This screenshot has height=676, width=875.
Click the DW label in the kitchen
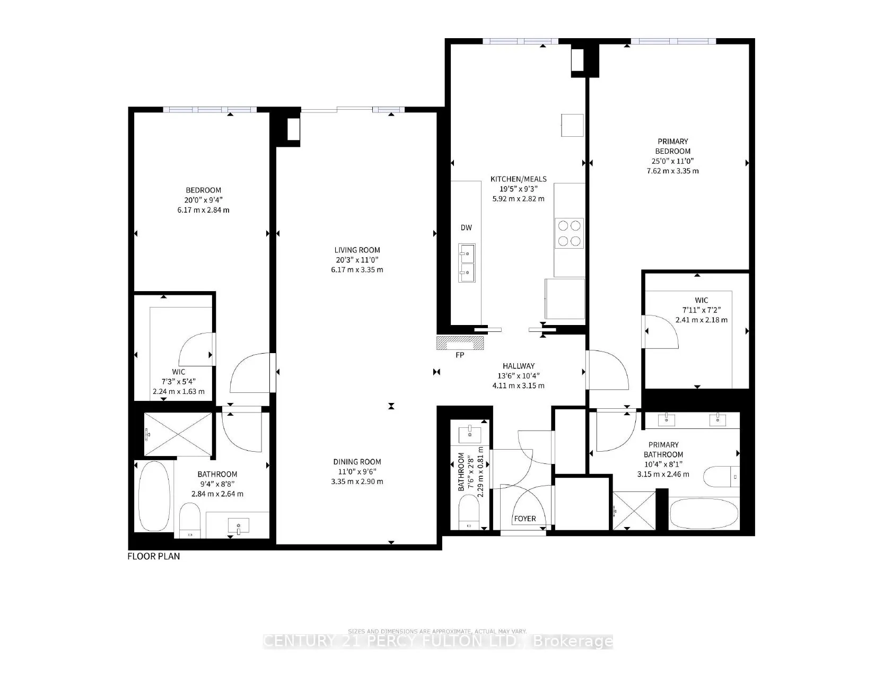point(466,228)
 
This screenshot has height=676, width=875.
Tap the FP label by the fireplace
point(460,355)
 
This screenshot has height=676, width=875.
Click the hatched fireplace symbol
point(460,344)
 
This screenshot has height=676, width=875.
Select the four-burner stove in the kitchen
point(569,233)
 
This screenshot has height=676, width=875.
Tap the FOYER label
point(524,519)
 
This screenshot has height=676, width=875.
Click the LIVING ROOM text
point(357,250)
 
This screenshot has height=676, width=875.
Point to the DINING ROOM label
point(357,462)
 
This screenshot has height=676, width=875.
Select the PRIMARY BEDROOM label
point(672,146)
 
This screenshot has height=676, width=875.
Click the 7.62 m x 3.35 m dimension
point(672,171)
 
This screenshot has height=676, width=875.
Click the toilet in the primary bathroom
point(722,476)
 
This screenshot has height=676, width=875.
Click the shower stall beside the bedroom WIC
point(179,435)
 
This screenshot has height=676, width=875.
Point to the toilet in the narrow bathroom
point(469,512)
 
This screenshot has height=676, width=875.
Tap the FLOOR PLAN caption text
point(154,556)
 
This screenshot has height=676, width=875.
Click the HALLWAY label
point(518,366)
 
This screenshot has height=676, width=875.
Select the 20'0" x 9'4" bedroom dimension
point(203,200)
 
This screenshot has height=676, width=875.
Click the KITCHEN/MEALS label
point(518,179)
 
